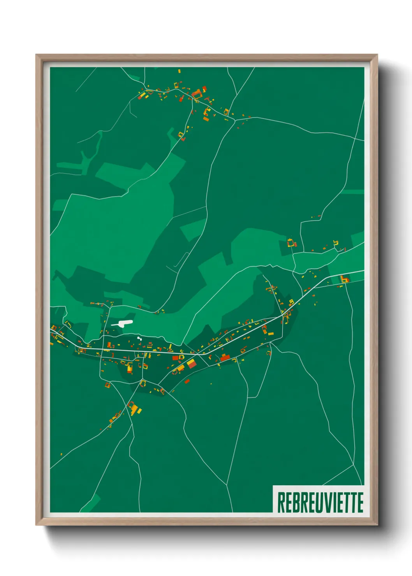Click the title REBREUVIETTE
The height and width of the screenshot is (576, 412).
point(320,502)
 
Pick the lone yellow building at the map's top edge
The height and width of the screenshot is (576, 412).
point(180,71)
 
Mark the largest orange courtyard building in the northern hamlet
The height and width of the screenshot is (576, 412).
point(197,93)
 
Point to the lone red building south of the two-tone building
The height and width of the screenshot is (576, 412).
point(187,381)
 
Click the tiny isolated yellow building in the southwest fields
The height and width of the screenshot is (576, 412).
point(61,454)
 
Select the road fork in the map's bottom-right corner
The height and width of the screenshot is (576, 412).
point(354,465)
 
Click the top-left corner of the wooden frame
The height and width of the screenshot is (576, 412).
point(37,55)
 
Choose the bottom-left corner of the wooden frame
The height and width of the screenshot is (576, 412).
point(37,525)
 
